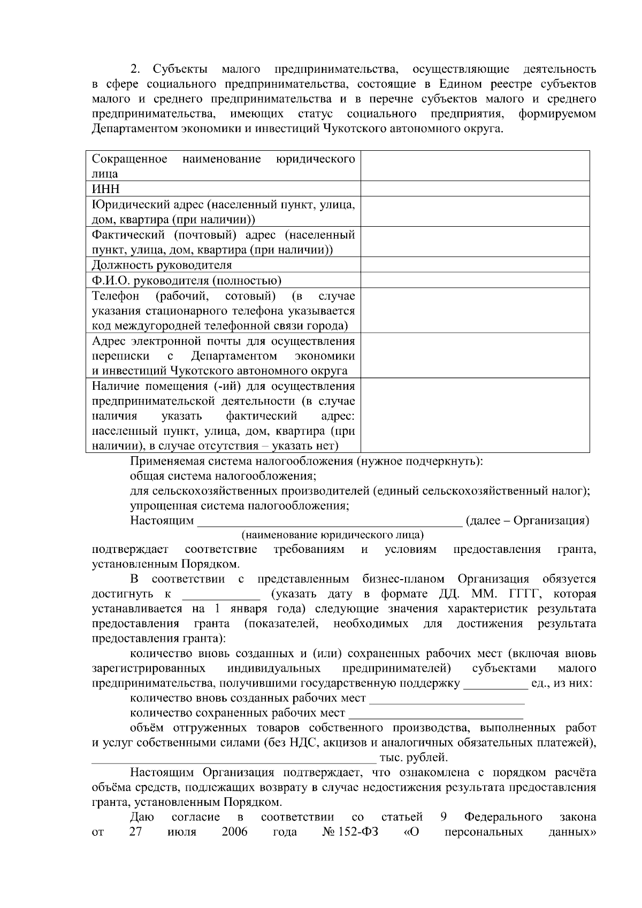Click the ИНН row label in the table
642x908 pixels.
click(x=105, y=189)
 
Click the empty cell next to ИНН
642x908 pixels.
click(x=475, y=189)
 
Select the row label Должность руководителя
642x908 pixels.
click(x=162, y=265)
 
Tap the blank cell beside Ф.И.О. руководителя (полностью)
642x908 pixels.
click(x=475, y=281)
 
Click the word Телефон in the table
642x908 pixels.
click(x=116, y=296)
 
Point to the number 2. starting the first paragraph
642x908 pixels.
click(x=135, y=69)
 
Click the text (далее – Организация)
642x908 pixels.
click(x=528, y=521)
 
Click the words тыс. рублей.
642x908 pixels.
click(x=413, y=758)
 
